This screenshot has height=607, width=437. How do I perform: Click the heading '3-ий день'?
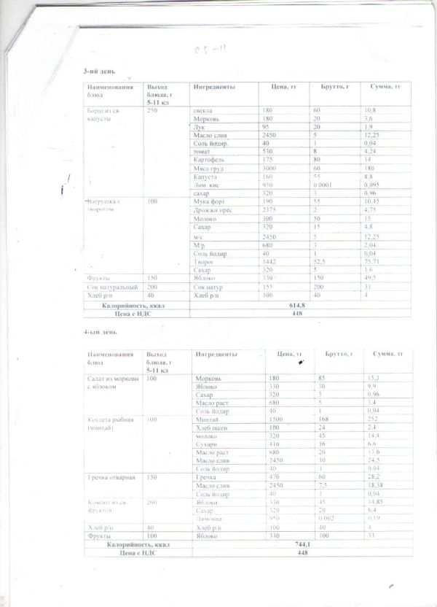point(100,72)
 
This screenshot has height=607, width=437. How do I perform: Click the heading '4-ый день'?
point(100,332)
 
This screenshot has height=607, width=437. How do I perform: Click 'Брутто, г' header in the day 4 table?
point(334,354)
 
